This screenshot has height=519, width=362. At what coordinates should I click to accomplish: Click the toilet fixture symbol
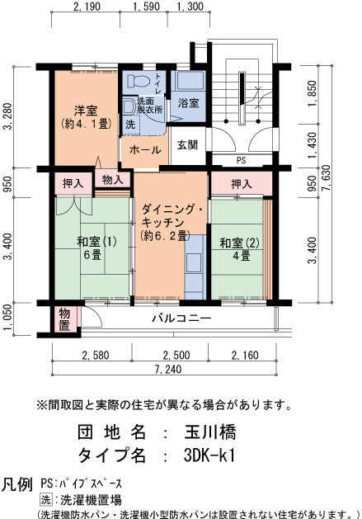139,81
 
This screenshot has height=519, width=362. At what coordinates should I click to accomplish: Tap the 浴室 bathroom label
188,103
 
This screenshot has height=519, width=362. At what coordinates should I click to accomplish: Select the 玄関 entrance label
187,144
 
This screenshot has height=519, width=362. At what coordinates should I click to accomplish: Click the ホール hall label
145,150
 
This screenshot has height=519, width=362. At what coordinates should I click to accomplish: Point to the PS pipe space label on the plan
242,160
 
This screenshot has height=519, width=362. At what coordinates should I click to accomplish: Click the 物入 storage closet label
112,180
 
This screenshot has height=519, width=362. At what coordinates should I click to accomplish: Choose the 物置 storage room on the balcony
64,319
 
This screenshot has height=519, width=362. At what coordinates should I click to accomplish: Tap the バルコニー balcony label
181,318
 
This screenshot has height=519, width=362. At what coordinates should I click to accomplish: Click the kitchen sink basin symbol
194,263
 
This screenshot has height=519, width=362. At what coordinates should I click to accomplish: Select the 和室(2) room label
240,243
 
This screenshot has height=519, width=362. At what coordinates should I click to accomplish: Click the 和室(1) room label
96,242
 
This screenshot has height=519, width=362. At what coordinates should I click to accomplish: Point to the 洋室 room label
86,111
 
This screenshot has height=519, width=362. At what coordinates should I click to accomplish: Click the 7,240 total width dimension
168,369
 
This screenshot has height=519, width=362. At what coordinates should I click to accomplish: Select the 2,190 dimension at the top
87,7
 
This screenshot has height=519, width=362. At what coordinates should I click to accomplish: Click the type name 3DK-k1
209,455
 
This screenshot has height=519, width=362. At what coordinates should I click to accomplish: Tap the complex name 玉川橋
210,432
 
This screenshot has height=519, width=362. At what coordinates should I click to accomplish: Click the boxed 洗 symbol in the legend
46,499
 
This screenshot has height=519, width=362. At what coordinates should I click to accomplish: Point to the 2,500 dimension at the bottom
176,356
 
